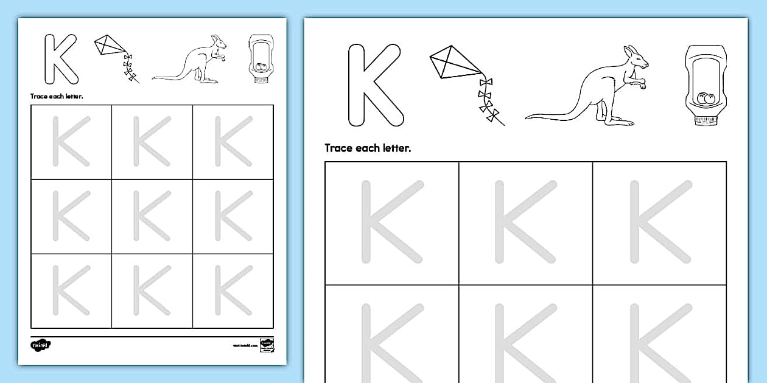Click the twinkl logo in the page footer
[41, 345]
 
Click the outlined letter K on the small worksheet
[60, 59]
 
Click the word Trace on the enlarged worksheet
[339, 148]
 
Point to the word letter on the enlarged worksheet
[395, 148]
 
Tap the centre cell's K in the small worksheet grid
[152, 215]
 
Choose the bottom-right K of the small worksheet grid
[233, 291]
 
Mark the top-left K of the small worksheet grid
[71, 141]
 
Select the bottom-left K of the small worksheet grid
[71, 291]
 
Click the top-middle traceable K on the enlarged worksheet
[525, 222]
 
